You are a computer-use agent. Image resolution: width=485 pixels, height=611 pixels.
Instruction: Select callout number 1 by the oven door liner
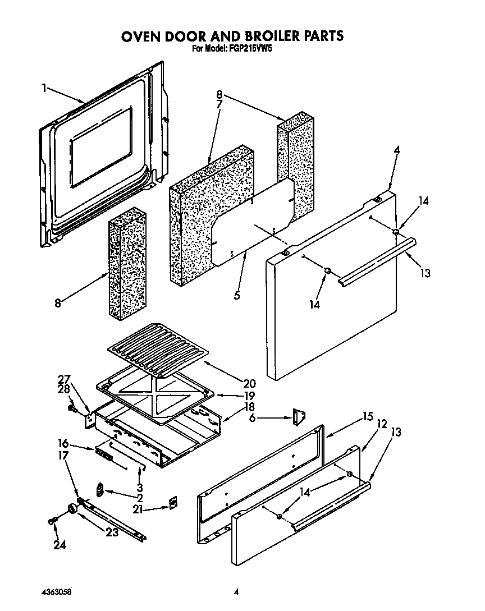(x=44, y=88)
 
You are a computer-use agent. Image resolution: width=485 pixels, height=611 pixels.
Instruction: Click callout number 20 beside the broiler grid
(x=249, y=384)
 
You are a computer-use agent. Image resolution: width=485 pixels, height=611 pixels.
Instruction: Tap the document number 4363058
(x=57, y=591)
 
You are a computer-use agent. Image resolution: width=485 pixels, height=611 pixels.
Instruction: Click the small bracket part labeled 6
(x=298, y=416)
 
